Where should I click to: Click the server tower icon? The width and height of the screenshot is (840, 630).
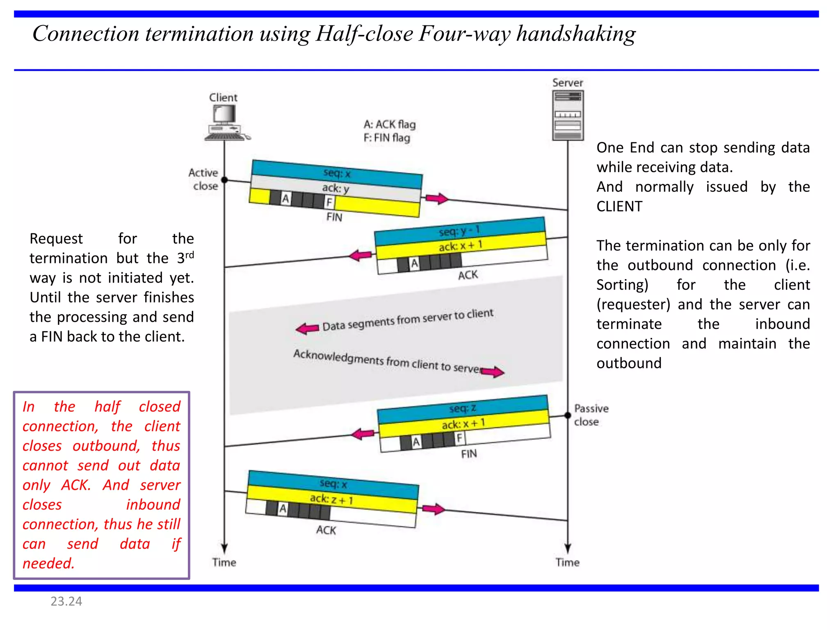(568, 115)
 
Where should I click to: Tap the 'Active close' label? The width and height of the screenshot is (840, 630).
(204, 179)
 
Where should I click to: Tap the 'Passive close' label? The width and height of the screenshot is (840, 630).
(591, 415)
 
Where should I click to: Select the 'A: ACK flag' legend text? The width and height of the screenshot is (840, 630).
(389, 124)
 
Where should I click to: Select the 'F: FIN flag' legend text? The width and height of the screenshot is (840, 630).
(386, 138)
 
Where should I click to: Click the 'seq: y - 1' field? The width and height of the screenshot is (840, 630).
(459, 231)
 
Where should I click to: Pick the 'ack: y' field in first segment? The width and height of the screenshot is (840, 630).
(336, 188)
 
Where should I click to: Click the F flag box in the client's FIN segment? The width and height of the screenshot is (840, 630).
(329, 202)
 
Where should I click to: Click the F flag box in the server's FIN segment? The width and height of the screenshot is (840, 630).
(460, 438)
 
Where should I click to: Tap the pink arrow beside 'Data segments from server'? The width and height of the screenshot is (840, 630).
(307, 328)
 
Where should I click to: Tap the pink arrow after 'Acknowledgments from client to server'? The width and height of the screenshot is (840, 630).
(492, 372)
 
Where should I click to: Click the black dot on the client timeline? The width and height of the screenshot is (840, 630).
(224, 180)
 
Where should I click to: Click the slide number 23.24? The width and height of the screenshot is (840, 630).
(66, 601)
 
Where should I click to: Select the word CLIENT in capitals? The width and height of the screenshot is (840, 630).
(619, 206)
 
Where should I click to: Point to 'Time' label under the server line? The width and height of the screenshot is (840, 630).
(567, 562)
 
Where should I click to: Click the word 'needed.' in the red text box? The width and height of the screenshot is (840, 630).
(48, 564)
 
